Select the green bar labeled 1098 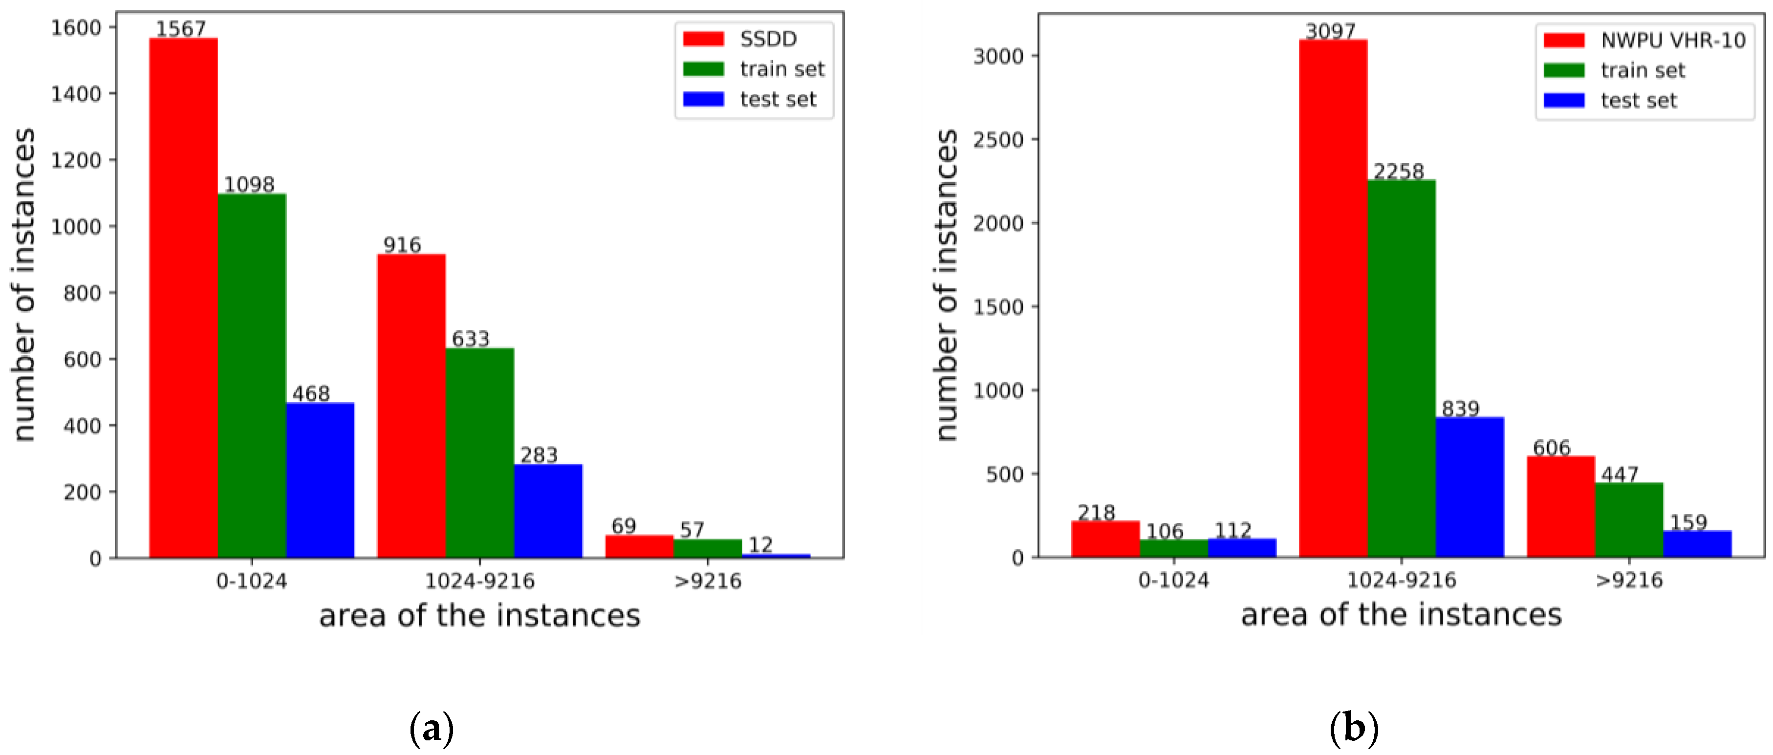[252, 375]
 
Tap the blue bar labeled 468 [320, 480]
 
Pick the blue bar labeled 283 [548, 511]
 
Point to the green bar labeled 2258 [1401, 368]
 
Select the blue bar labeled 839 [1470, 487]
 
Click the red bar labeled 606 [1560, 506]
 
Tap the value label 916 [402, 245]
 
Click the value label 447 [1620, 474]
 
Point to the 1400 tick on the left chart [76, 94]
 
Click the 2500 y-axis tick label [998, 140]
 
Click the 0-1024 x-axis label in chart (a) [252, 582]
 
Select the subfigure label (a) [432, 728]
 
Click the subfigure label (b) [1354, 728]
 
